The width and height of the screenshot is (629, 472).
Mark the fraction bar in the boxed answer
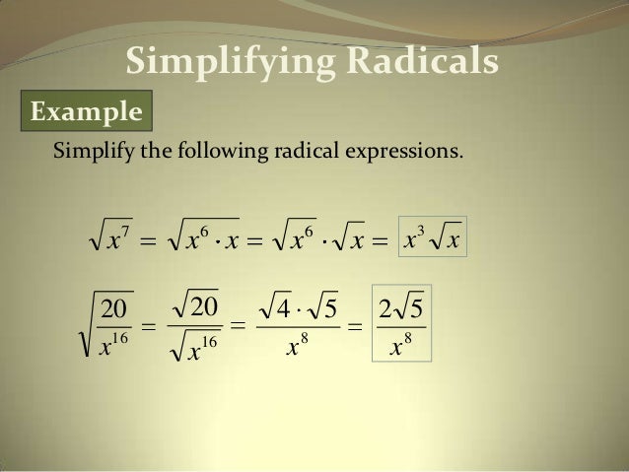(403, 326)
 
